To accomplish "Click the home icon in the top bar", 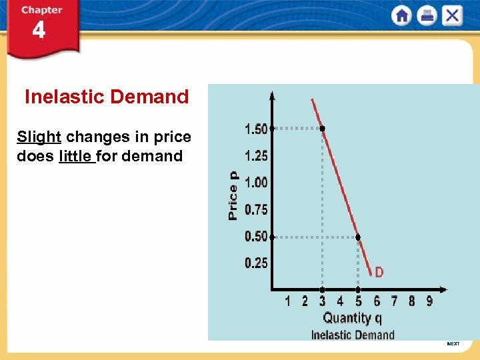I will point(402,16).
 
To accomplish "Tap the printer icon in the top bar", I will point(427,16).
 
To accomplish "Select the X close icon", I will point(452,16).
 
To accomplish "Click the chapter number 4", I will point(39,31).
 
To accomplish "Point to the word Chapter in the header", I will point(41,10).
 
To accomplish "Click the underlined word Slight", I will point(39,137).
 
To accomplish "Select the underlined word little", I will point(77,157).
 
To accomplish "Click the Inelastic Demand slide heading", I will point(107,97).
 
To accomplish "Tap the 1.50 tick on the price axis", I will point(256,129).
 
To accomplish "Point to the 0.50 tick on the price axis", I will point(256,236).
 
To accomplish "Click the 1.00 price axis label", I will point(256,182).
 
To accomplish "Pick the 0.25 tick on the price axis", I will point(256,263).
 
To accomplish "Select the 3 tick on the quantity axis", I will point(322,301).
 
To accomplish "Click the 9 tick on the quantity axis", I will point(429,301).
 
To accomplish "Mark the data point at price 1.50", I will point(322,128).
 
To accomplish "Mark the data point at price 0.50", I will point(358,237).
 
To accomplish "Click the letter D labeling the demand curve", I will point(379,272).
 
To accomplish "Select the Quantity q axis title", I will point(347,318).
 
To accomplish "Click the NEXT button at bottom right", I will point(453,344).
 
